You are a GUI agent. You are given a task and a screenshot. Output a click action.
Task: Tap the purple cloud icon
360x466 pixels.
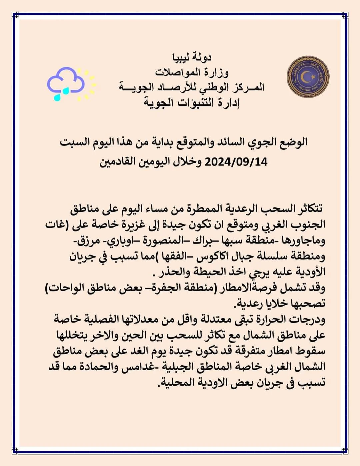click(66, 80)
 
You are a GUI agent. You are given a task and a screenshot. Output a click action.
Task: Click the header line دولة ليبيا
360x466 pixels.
click(192, 58)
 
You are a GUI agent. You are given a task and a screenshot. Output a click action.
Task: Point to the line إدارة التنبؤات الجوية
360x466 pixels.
click(192, 102)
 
